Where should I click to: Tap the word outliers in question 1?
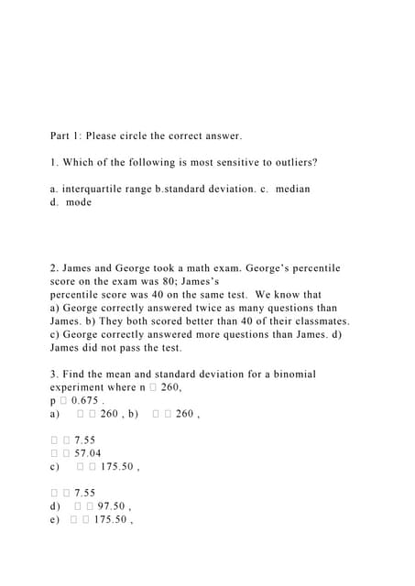(292, 162)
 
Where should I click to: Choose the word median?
(292, 189)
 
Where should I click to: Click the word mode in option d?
(80, 202)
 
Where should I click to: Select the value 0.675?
(86, 401)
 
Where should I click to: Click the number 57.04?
(88, 453)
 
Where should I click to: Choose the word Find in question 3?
(76, 374)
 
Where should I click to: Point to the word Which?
(79, 162)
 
